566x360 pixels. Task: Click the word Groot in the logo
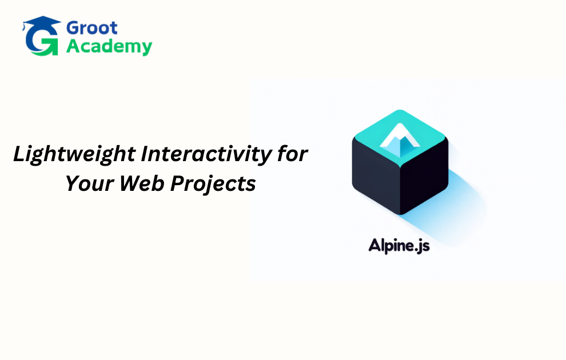(91, 28)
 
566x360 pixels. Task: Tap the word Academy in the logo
(109, 47)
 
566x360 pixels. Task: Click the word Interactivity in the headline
(206, 154)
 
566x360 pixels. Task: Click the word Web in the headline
(142, 183)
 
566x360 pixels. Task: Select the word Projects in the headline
(213, 184)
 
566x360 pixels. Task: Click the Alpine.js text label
(399, 246)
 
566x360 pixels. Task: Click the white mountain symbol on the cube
(400, 140)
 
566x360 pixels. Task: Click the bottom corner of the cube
(400, 215)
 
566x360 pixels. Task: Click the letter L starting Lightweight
(19, 154)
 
